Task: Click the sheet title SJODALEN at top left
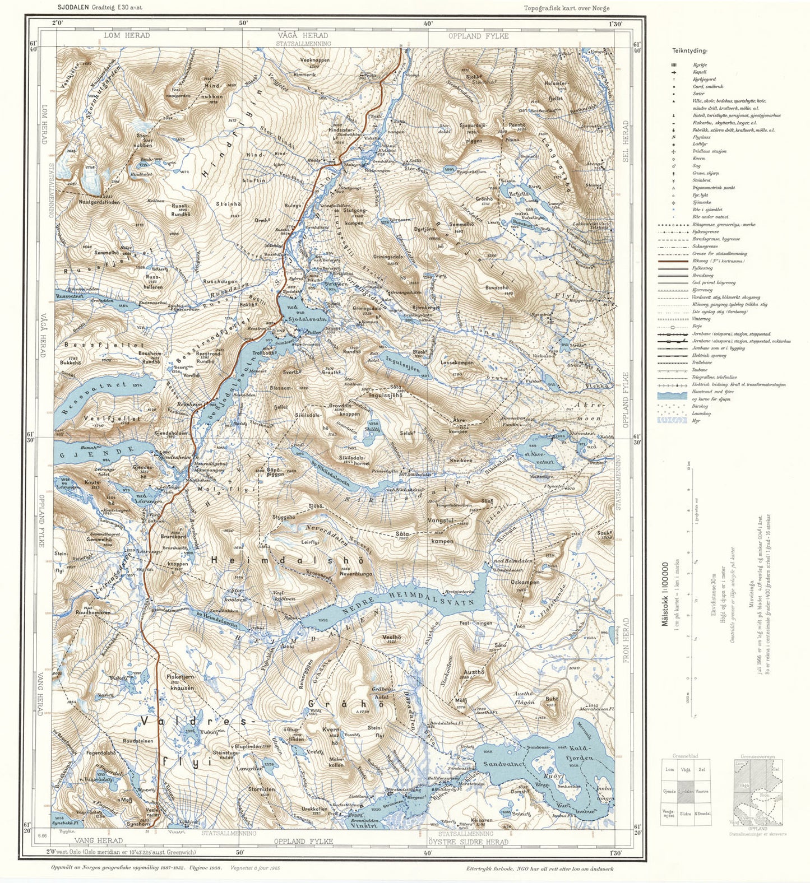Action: pos(73,8)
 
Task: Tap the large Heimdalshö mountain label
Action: pos(287,560)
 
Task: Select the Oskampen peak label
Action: pos(525,582)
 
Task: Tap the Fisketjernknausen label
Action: pos(180,682)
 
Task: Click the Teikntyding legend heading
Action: pos(689,51)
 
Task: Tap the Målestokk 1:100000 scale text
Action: pos(665,594)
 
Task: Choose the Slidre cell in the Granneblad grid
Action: pos(686,814)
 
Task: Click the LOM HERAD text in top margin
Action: pos(127,35)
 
